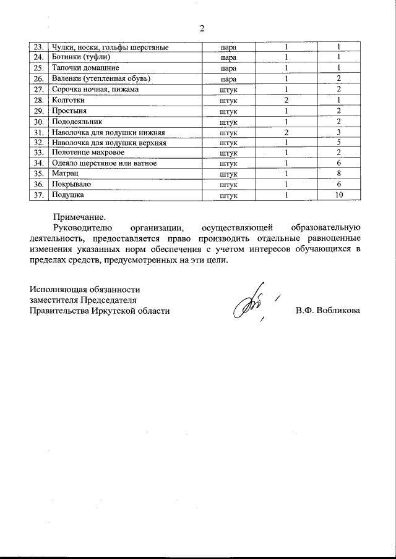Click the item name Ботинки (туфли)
tap(81, 57)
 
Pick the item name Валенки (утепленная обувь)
tap(101, 79)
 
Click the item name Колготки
tap(69, 100)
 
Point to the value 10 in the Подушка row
tap(338, 195)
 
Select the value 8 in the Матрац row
tap(338, 174)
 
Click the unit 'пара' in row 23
tap(228, 47)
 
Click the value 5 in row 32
tap(338, 142)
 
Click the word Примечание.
tap(80, 217)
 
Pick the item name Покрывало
tap(73, 185)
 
